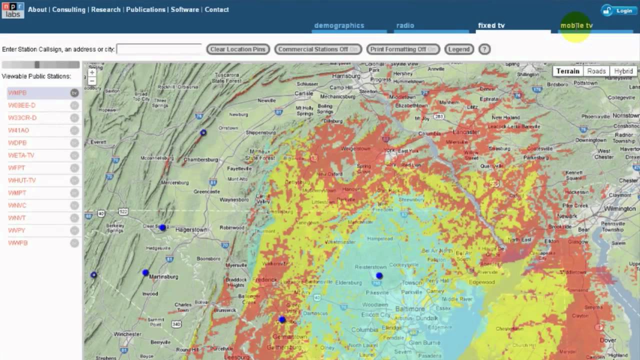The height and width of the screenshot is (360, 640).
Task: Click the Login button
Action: pyautogui.click(x=619, y=10)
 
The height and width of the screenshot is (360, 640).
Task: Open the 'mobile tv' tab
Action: pyautogui.click(x=576, y=25)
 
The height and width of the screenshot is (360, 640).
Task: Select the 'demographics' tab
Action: pyautogui.click(x=339, y=25)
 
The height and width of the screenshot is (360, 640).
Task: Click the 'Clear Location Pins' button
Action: pyautogui.click(x=238, y=49)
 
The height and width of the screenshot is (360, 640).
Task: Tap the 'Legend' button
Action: pyautogui.click(x=458, y=49)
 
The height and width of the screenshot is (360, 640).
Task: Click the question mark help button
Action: pyautogui.click(x=484, y=49)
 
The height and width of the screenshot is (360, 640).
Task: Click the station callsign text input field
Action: pyautogui.click(x=159, y=49)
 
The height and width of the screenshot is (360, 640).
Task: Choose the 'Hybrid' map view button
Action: pyautogui.click(x=623, y=71)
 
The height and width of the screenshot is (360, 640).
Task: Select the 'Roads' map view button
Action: pyautogui.click(x=596, y=71)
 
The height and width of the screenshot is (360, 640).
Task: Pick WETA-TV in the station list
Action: pyautogui.click(x=21, y=155)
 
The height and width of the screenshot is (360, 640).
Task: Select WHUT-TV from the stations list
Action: pyautogui.click(x=22, y=180)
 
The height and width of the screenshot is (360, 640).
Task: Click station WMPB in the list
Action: pyautogui.click(x=17, y=93)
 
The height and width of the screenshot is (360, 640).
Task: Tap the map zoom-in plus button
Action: pyautogui.click(x=92, y=72)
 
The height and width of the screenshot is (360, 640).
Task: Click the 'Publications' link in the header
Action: pyautogui.click(x=145, y=9)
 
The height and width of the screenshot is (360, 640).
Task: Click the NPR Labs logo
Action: pyautogui.click(x=12, y=9)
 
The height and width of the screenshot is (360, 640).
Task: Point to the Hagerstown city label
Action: pyautogui.click(x=191, y=230)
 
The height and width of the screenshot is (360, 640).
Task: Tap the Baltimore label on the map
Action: pyautogui.click(x=410, y=309)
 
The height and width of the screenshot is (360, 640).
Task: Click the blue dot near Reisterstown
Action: pyautogui.click(x=379, y=275)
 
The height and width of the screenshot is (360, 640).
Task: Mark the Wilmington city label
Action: pyautogui.click(x=619, y=208)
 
